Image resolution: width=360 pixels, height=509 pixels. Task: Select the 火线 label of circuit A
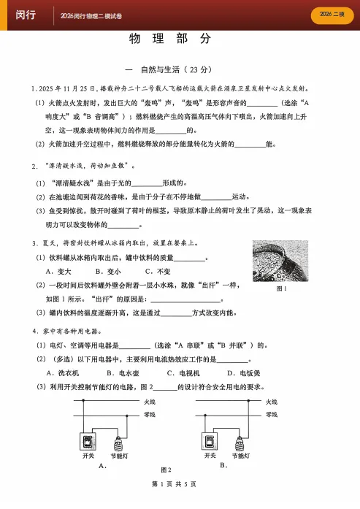pos(149,402)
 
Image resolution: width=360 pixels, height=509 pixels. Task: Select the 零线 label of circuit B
pos(272,414)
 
